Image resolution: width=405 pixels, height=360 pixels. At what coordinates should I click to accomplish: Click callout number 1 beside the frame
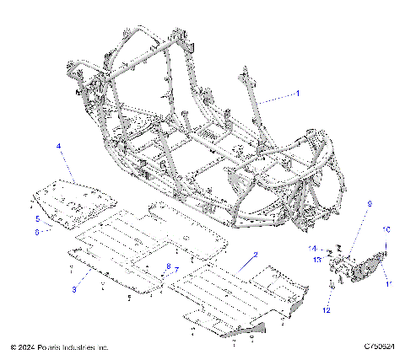point(297,94)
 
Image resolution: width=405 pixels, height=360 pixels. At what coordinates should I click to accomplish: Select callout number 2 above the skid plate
point(255,253)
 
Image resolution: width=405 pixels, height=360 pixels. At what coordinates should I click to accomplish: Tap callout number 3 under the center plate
point(74,289)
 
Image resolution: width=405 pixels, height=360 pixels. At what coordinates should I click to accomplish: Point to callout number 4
point(58,147)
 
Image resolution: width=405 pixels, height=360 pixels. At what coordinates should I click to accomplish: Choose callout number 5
point(37,218)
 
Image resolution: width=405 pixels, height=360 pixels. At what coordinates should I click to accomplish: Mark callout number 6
point(37,231)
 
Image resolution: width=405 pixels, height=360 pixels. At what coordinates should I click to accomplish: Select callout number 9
point(345,228)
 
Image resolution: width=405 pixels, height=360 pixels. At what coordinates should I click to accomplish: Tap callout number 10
point(387,229)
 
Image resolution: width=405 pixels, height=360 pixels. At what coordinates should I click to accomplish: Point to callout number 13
point(317,261)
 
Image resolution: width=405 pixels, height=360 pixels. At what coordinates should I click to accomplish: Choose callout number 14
point(312,249)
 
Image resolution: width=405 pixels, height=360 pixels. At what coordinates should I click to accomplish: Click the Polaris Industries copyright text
point(59,347)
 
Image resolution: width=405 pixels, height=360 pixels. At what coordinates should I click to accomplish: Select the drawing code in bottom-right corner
point(381,347)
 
